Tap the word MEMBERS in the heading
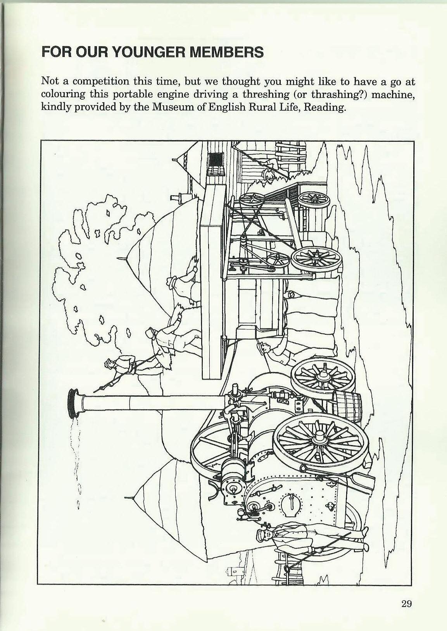[226, 52]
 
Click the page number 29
[406, 603]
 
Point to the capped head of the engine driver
[262, 536]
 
